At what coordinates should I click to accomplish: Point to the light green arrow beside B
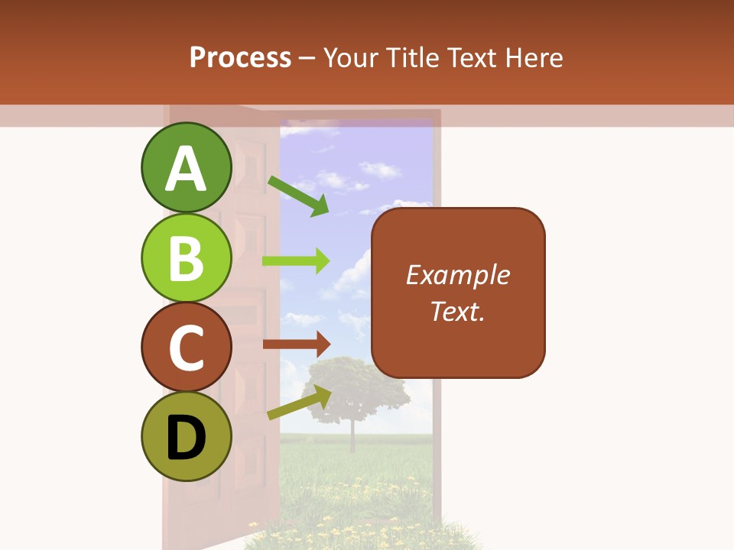coord(296,260)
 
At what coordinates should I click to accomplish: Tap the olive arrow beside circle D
coord(299,403)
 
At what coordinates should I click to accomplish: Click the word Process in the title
coord(240,58)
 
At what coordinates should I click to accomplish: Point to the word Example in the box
coord(458,275)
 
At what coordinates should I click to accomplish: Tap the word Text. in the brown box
coord(458,312)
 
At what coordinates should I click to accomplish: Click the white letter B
coord(186,258)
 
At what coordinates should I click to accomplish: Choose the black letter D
coord(186,438)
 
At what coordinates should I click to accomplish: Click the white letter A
coord(186,168)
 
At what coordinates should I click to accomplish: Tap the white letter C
coord(186,348)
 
